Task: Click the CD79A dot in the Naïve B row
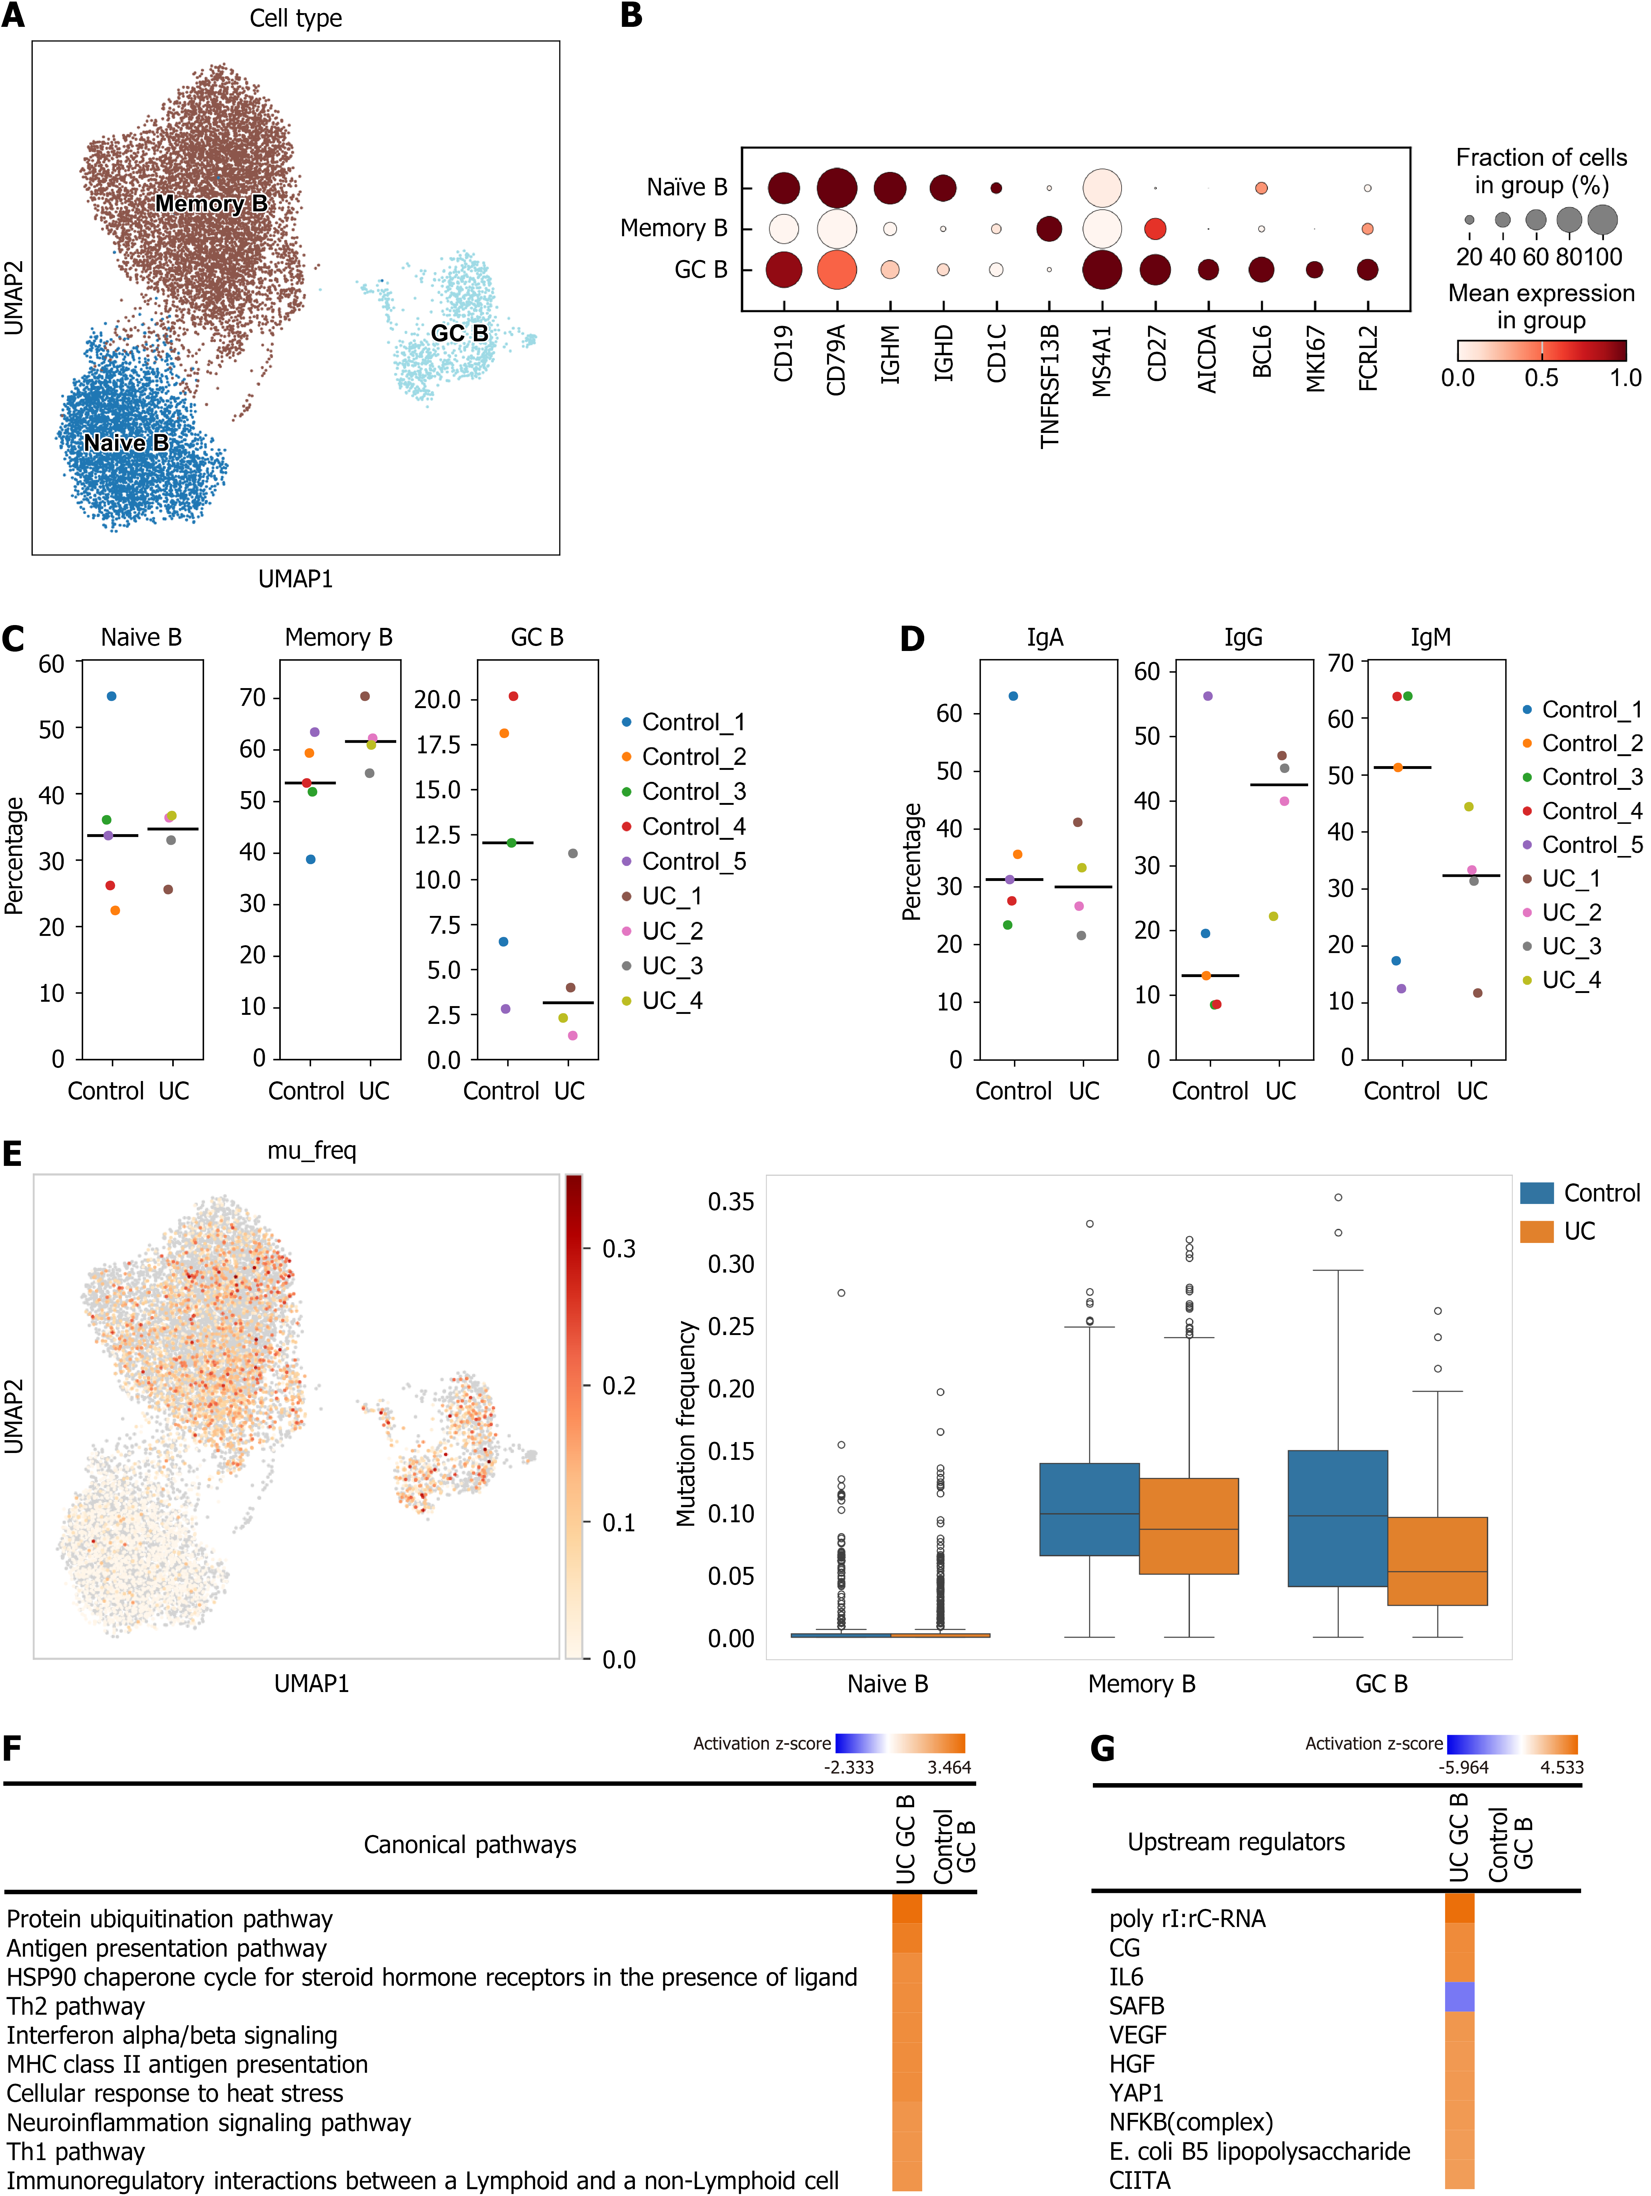[837, 188]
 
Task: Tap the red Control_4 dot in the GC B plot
[513, 696]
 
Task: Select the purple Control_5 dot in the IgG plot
[1207, 696]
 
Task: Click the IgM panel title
[1431, 637]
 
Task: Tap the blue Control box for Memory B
[1089, 1509]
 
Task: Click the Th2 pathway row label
[75, 2006]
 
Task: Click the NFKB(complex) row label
[1190, 2123]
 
